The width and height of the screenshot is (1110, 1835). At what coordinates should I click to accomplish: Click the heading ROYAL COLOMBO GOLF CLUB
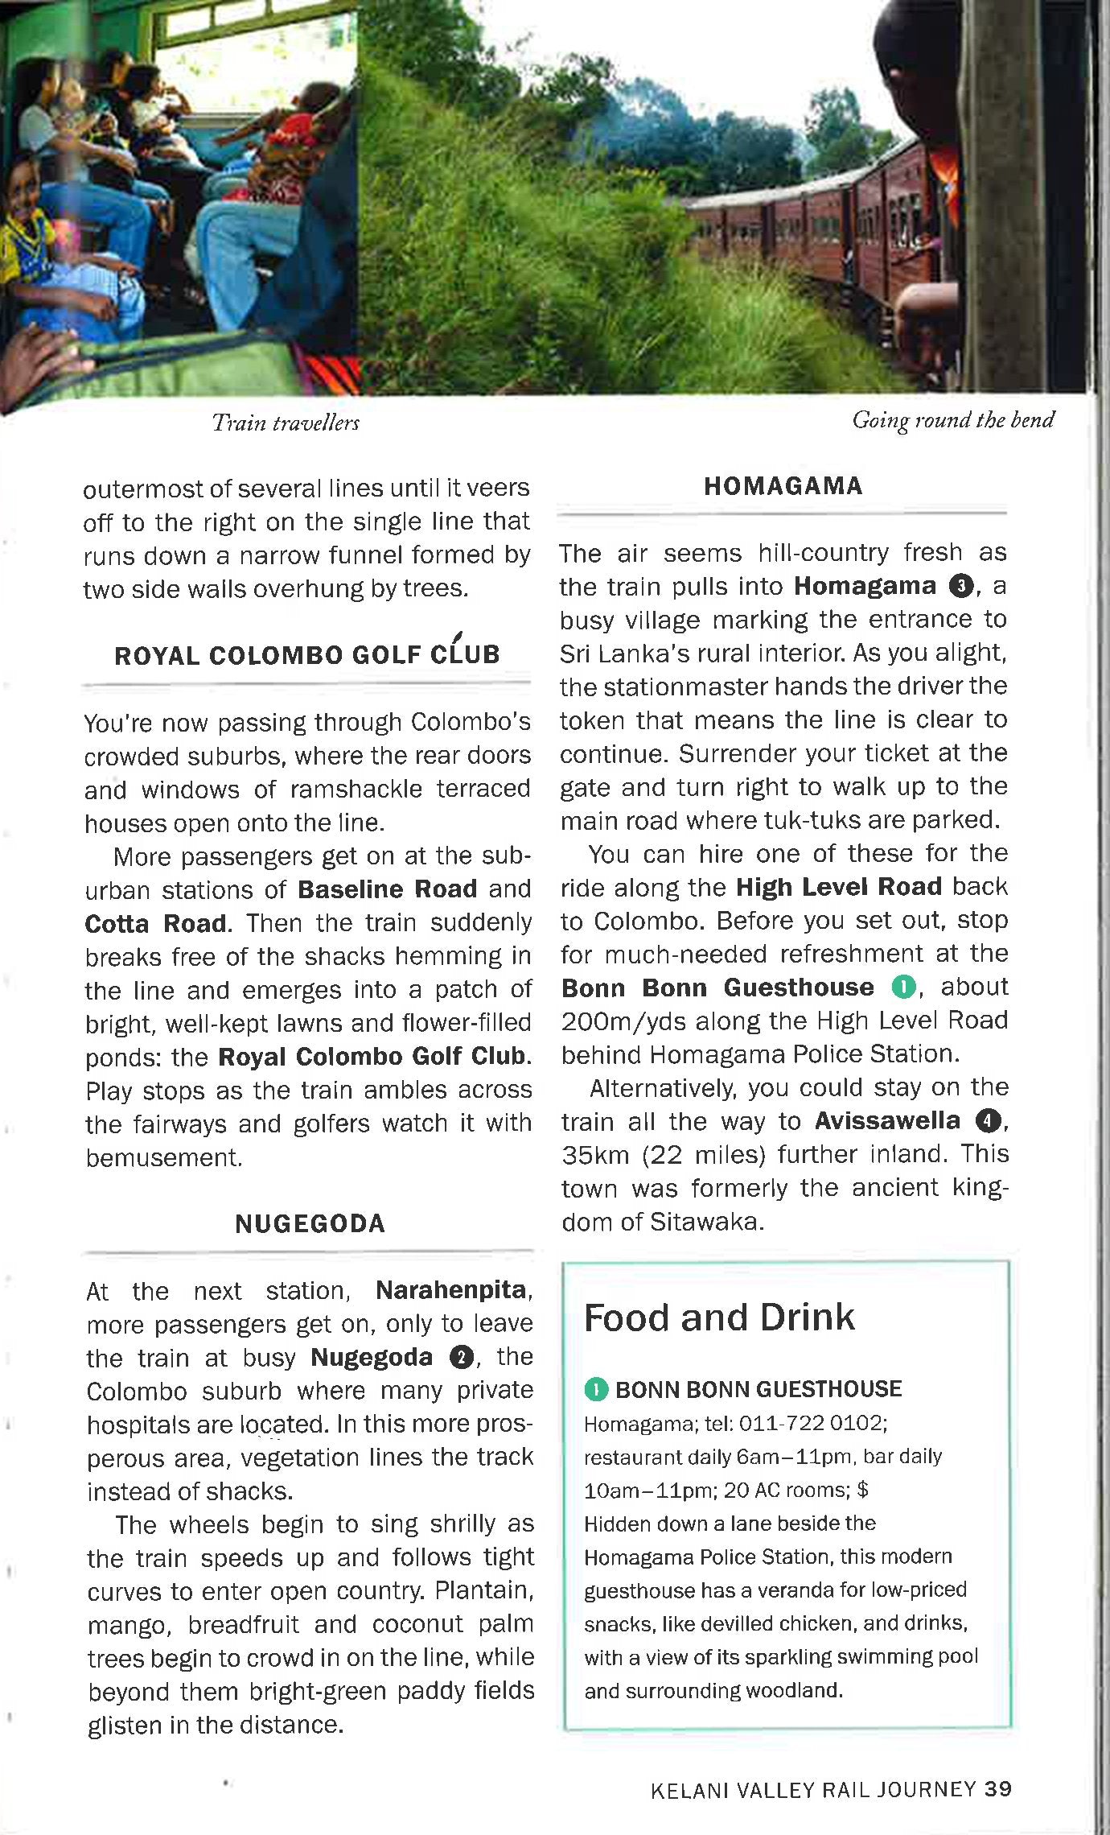307,654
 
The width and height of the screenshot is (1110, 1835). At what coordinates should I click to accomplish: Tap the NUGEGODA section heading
310,1224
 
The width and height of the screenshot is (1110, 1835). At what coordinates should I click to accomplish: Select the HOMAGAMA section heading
783,486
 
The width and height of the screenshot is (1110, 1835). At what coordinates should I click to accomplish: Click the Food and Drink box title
719,1317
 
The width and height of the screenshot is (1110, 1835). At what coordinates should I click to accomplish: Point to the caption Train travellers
286,423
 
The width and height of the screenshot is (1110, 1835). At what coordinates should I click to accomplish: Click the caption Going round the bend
953,420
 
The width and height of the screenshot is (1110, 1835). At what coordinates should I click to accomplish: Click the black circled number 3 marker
962,586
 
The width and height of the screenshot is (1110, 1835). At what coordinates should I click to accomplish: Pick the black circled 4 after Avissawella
986,1121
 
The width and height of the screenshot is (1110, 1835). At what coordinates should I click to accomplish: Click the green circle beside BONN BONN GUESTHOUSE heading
595,1388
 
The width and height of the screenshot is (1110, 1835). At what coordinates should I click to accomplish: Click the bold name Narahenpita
451,1290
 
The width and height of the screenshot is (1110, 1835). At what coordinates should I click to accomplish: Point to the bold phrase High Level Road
839,887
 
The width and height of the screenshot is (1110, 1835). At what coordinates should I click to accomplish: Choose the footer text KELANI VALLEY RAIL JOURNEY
813,1789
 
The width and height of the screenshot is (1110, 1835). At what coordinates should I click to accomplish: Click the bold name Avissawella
887,1120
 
